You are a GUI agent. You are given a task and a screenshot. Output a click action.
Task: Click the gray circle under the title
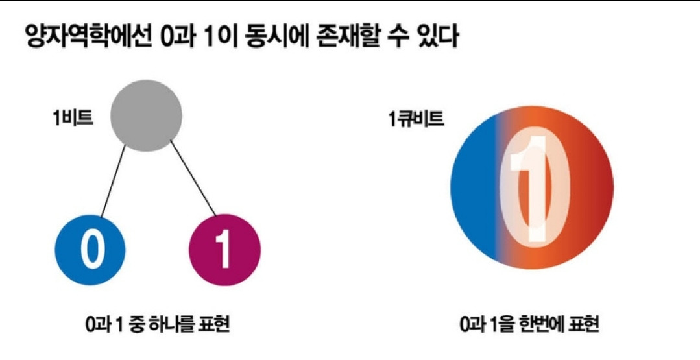146,115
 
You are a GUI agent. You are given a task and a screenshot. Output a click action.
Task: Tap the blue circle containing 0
90,250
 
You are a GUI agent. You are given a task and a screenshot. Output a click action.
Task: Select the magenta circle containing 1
224,250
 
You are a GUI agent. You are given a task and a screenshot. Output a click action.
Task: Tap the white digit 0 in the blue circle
91,250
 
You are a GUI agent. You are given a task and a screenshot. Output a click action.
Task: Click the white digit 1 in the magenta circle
223,251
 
